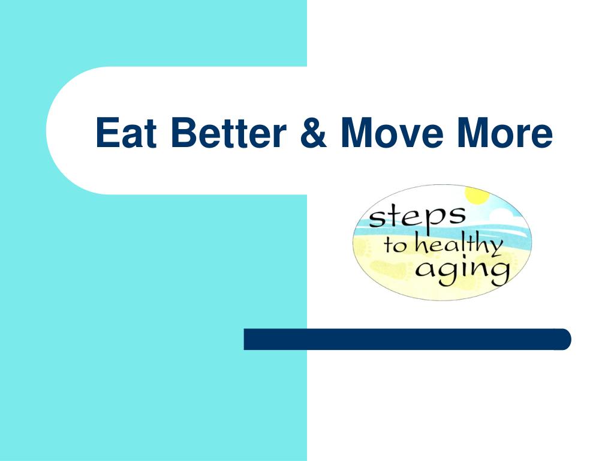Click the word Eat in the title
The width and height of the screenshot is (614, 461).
click(126, 133)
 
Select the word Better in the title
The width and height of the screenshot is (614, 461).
click(228, 133)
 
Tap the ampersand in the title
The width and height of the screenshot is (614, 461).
click(313, 133)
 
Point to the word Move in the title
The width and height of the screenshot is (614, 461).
click(392, 133)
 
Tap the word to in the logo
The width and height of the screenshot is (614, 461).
click(395, 246)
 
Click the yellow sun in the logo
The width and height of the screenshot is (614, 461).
click(477, 195)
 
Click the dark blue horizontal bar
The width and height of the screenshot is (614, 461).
click(407, 339)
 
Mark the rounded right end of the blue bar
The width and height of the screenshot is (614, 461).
click(571, 339)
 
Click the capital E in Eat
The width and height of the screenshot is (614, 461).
click(107, 133)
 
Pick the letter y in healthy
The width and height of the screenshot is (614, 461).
click(494, 249)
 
